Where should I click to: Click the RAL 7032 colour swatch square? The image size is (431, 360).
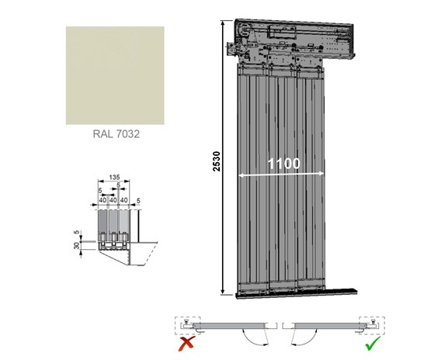[115, 75]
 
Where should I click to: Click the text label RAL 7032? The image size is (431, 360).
[116, 134]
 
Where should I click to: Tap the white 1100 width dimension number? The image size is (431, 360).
[284, 164]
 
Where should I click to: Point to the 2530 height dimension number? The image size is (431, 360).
[217, 161]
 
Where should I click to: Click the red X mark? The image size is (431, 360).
[187, 344]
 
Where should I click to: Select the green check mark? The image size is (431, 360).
[373, 343]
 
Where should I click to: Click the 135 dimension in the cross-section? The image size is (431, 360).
[114, 177]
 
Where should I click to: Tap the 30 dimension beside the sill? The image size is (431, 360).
[77, 245]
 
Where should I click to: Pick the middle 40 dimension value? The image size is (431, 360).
[113, 200]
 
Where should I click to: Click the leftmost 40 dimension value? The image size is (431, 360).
[103, 200]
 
